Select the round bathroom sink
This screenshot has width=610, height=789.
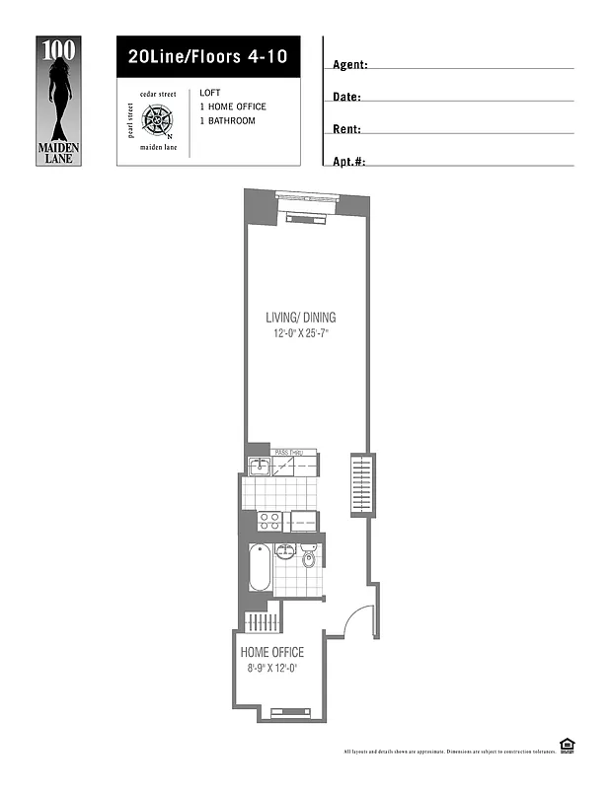[285, 551]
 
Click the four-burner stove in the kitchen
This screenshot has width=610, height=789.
[268, 520]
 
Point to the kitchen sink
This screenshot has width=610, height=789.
[259, 466]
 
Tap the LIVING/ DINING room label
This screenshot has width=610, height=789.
[300, 318]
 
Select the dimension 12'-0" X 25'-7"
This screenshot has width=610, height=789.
[300, 334]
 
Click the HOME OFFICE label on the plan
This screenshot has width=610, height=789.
[272, 653]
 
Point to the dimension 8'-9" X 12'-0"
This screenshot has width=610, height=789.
[272, 669]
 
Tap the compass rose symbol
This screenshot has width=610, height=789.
[158, 121]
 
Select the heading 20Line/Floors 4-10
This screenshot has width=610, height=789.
[207, 57]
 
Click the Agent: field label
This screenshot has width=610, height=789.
[350, 65]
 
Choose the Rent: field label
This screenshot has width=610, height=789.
[347, 129]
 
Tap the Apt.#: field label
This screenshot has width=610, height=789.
[351, 161]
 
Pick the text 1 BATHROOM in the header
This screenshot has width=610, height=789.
[227, 121]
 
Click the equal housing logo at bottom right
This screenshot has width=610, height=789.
[567, 747]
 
